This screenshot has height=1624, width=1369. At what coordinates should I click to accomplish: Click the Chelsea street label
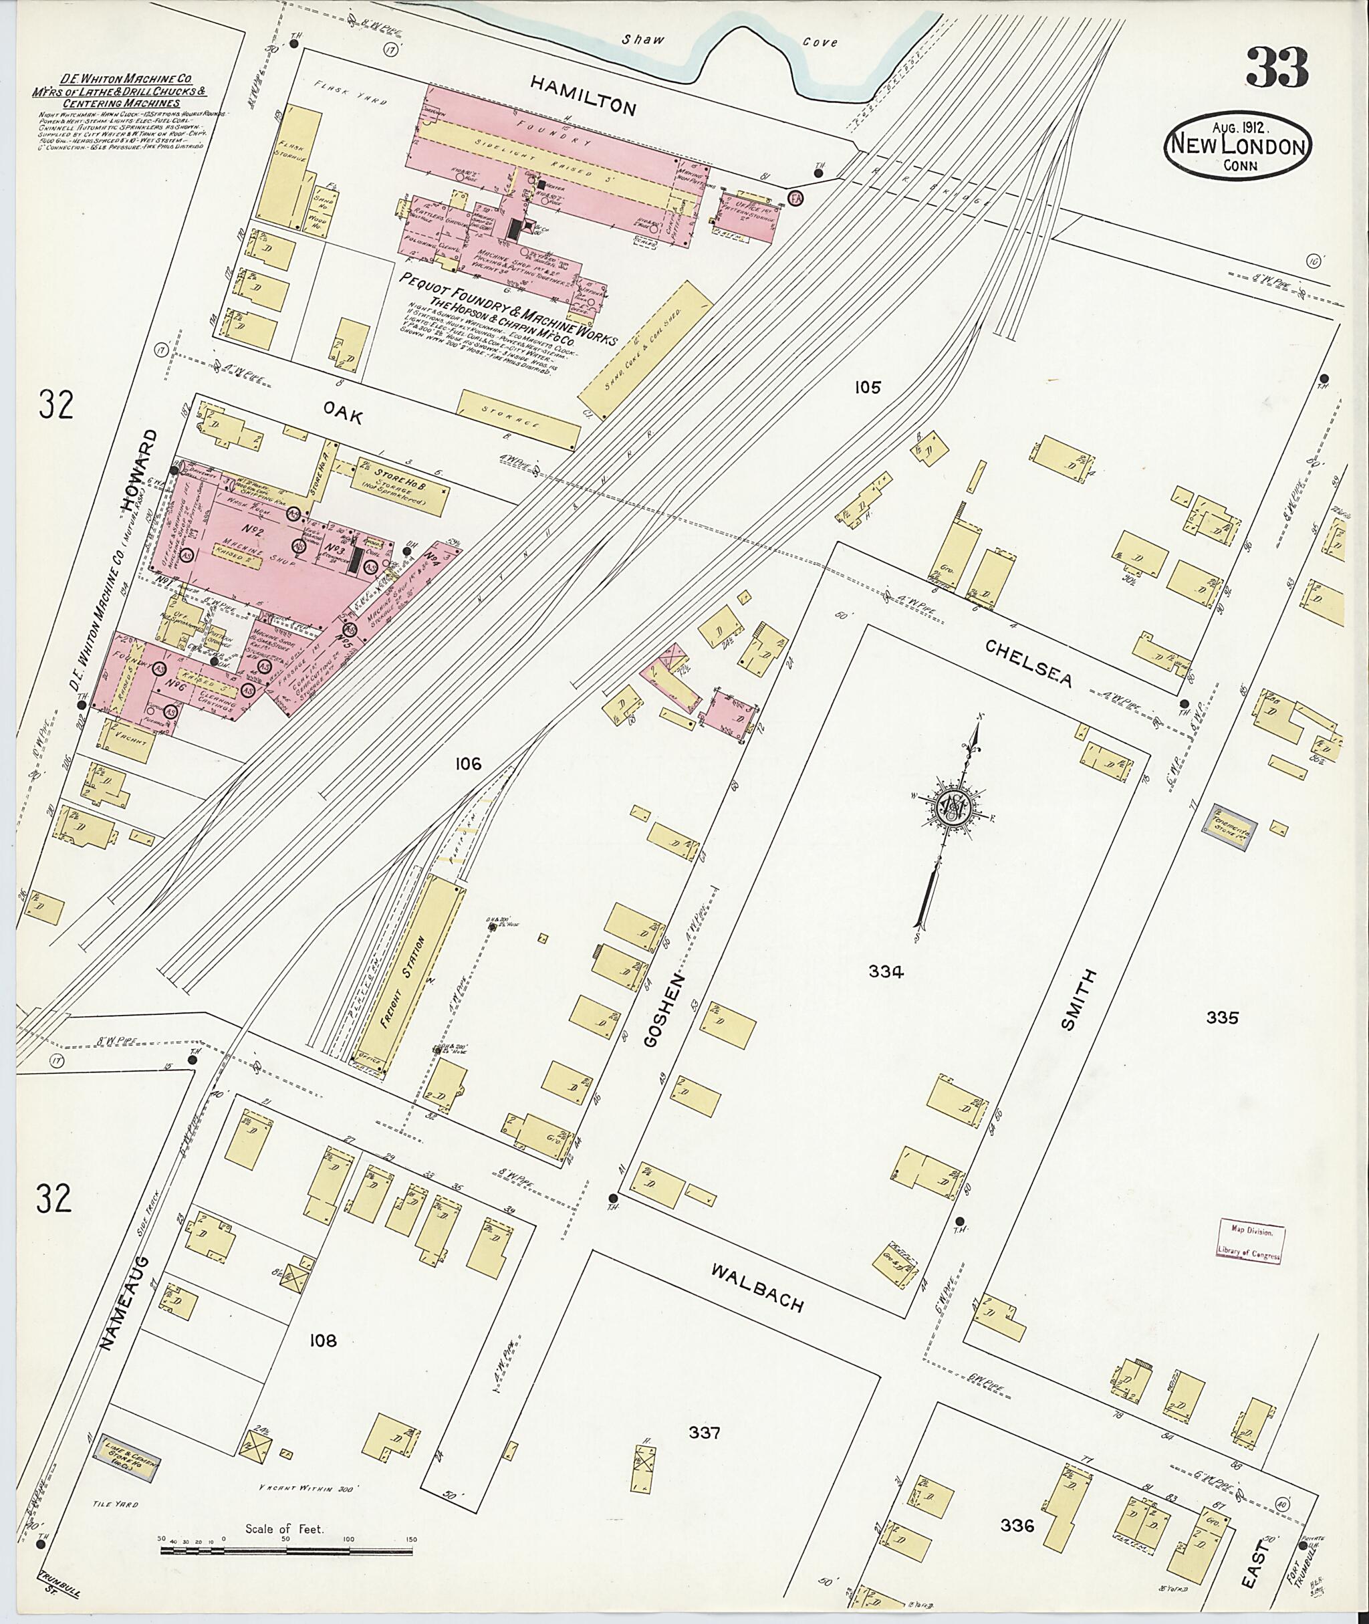[1029, 662]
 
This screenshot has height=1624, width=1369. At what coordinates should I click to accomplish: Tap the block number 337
[704, 1432]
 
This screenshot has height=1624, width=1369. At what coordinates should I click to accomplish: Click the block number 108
[322, 1340]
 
